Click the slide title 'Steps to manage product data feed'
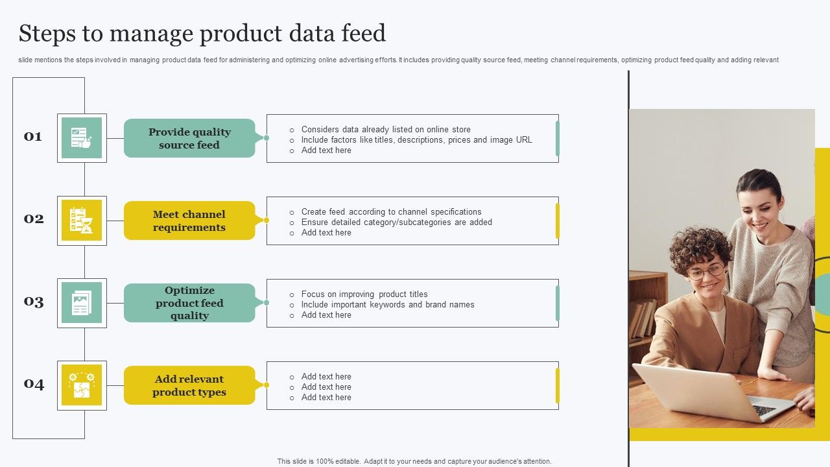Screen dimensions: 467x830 [x=202, y=33]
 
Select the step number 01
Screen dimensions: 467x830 [x=33, y=136]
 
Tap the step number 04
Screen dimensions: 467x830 [x=34, y=384]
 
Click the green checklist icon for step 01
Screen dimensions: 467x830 [x=82, y=138]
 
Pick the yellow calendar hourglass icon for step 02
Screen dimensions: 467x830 [x=82, y=221]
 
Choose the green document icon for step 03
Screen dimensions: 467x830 [x=82, y=303]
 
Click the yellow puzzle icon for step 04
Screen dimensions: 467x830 [x=82, y=385]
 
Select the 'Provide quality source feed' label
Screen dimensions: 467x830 [x=189, y=138]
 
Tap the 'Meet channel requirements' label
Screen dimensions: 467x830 [x=189, y=221]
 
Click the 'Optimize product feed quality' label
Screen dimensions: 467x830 [x=189, y=303]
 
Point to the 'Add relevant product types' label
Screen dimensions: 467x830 [x=189, y=385]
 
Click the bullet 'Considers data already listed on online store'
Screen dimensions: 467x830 [x=386, y=129]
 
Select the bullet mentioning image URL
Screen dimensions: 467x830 [x=416, y=139]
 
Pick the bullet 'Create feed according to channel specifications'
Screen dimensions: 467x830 [x=391, y=211]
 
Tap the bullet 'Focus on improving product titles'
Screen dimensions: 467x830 [x=364, y=294]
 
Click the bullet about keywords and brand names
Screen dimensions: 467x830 [x=388, y=304]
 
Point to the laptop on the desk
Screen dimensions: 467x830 [x=710, y=392]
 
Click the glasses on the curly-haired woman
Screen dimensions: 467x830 [x=705, y=271]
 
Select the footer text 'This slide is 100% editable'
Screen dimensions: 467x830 [x=414, y=461]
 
